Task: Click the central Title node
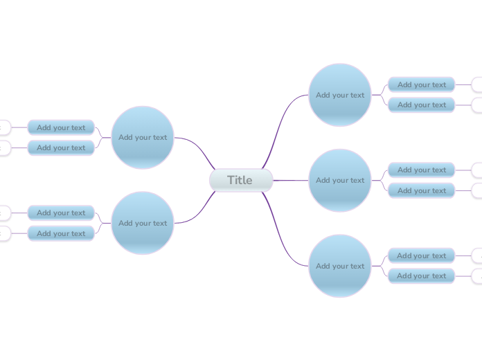[x=240, y=180]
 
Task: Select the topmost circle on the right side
[x=340, y=95]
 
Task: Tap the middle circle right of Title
[x=340, y=180]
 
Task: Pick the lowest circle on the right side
[x=340, y=266]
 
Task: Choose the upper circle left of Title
[x=143, y=137]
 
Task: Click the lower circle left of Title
[x=143, y=223]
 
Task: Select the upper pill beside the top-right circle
[x=421, y=84]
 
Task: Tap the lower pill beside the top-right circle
[x=421, y=105]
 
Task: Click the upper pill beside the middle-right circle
[x=421, y=170]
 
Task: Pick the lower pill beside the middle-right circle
[x=421, y=190]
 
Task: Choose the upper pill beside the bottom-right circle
[x=421, y=255]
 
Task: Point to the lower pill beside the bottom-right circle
[x=421, y=276]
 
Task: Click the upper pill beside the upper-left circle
[x=61, y=127]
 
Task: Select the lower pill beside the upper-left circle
[x=61, y=147]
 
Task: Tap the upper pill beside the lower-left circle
[x=61, y=213]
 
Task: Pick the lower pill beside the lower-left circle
[x=61, y=233]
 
